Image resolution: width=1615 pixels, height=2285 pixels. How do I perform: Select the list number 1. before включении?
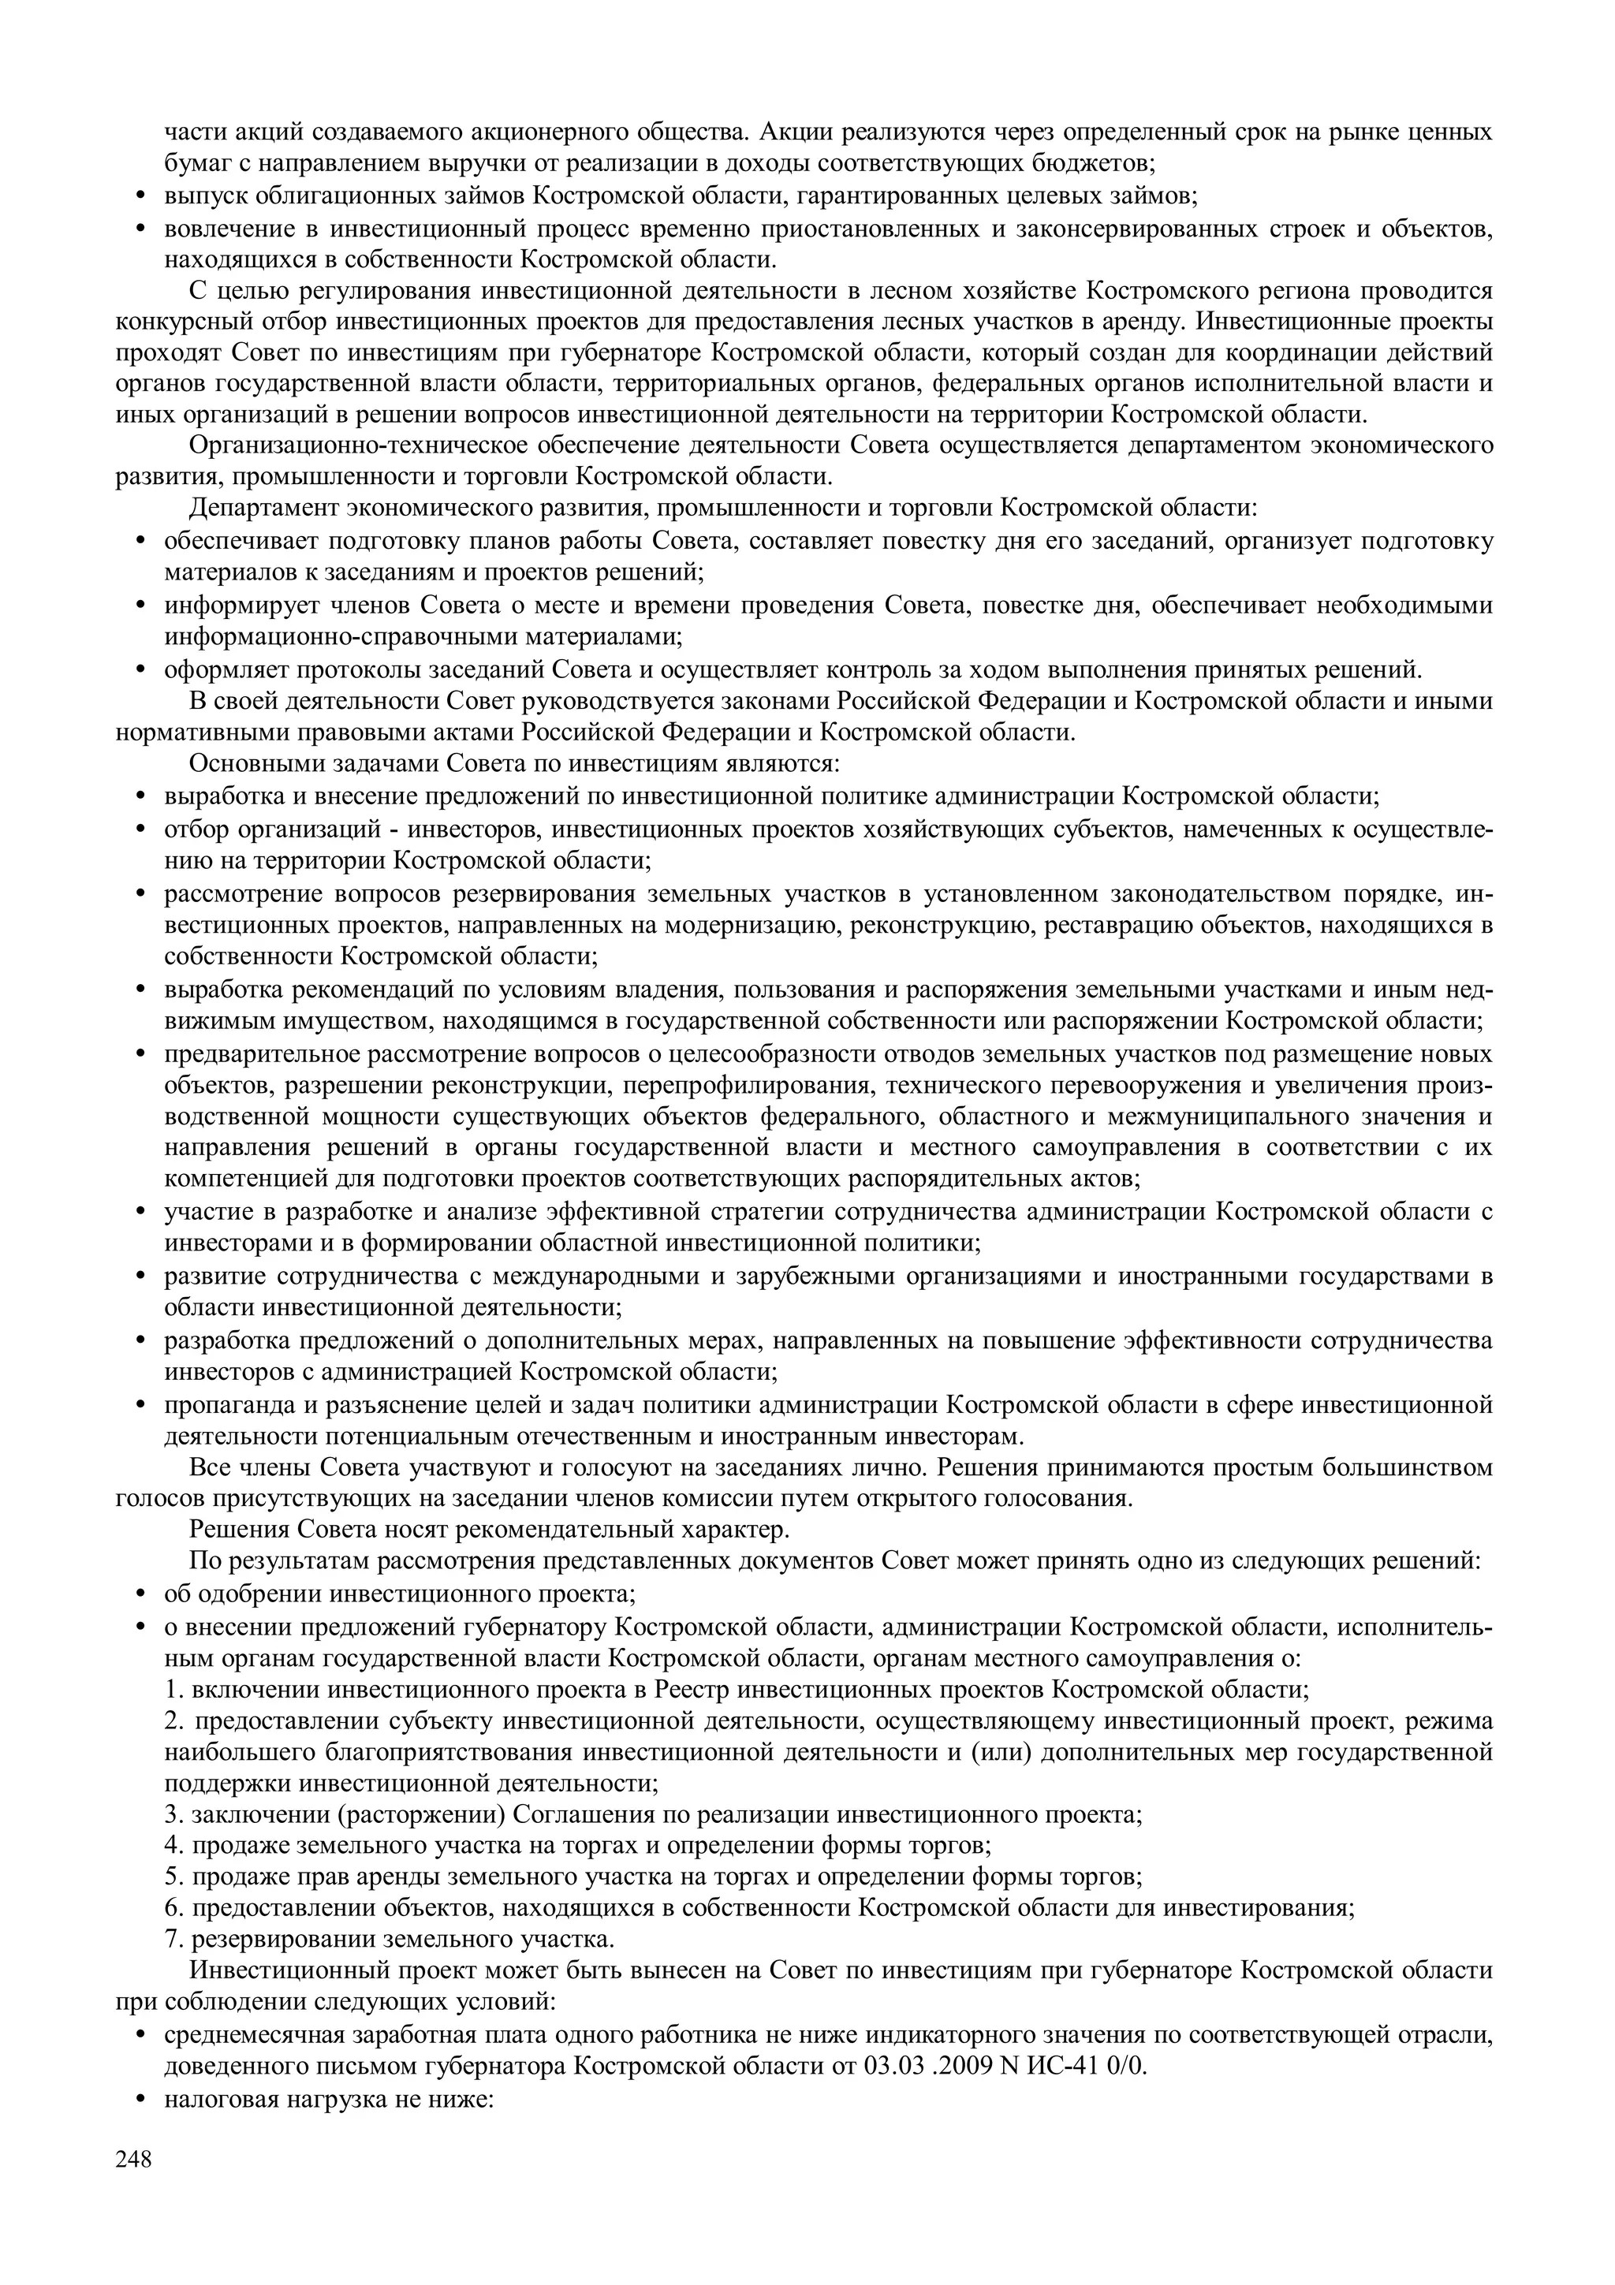pyautogui.click(x=174, y=1689)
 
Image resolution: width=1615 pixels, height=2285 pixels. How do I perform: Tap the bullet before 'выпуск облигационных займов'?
pyautogui.click(x=140, y=196)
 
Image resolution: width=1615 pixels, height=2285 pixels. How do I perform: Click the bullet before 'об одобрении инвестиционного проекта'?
pyautogui.click(x=140, y=1594)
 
